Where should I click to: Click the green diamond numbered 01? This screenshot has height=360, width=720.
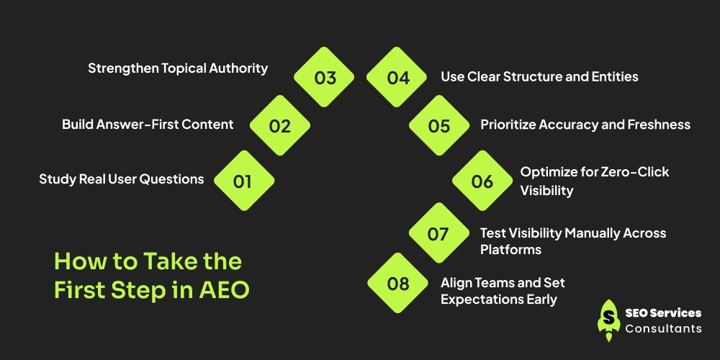[x=244, y=181]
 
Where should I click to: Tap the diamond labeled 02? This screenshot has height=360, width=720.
[x=279, y=125]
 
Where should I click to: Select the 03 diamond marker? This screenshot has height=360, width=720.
[x=324, y=77]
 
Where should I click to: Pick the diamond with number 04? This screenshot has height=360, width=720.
[x=397, y=77]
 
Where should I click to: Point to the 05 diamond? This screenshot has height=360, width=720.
[x=439, y=125]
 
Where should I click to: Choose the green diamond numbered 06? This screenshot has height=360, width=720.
[x=482, y=181]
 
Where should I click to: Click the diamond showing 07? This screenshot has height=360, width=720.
[x=439, y=233]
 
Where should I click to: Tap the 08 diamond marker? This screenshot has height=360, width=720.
[x=397, y=283]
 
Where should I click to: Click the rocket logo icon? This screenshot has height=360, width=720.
[x=609, y=320]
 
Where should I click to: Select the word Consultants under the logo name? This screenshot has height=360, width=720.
[x=664, y=328]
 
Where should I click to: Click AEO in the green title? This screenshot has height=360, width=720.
[x=224, y=289]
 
